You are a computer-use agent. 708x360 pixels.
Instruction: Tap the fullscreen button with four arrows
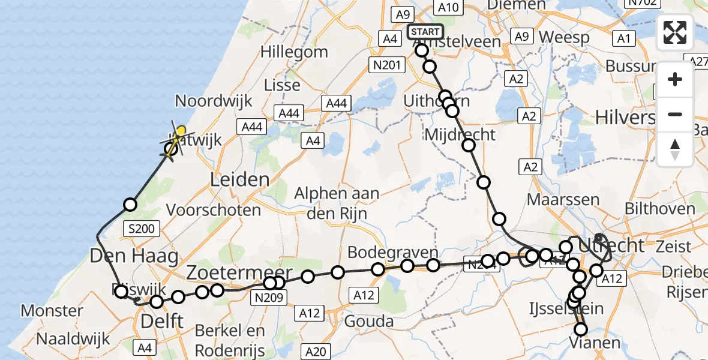(675, 32)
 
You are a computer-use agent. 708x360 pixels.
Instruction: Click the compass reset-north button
(675, 149)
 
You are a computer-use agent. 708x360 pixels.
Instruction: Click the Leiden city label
(240, 179)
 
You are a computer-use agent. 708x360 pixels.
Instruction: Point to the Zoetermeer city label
(239, 271)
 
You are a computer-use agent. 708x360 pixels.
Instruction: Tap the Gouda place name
(369, 321)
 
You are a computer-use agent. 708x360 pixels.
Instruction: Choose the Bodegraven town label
(392, 252)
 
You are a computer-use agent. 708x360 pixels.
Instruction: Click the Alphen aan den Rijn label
(337, 203)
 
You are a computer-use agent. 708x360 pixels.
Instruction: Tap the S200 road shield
(142, 228)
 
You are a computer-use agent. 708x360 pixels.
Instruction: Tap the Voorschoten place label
(214, 210)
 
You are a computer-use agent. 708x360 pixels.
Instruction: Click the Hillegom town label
(289, 52)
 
